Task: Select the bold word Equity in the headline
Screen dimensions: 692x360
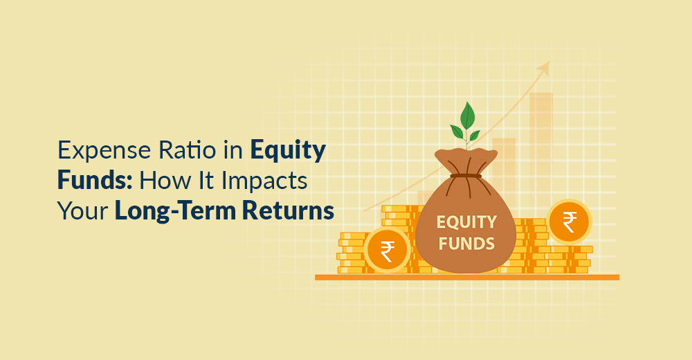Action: pos(288,151)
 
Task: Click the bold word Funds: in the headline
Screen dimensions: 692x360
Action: pos(95,180)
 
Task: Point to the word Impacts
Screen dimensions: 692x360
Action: pos(264,182)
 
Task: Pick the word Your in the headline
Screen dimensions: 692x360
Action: pos(83,210)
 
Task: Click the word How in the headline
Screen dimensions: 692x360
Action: pos(161,180)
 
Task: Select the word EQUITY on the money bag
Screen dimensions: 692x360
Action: pos(466,222)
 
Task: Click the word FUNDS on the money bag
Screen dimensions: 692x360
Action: pos(466,244)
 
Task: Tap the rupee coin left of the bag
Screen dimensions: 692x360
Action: pos(387,251)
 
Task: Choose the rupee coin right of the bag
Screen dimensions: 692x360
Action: pos(569,222)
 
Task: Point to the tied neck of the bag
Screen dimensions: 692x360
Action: pos(466,176)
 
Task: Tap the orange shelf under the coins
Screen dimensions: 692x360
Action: pos(467,277)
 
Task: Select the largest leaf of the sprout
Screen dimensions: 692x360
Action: pos(467,116)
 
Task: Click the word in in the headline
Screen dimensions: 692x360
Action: pos(233,150)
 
